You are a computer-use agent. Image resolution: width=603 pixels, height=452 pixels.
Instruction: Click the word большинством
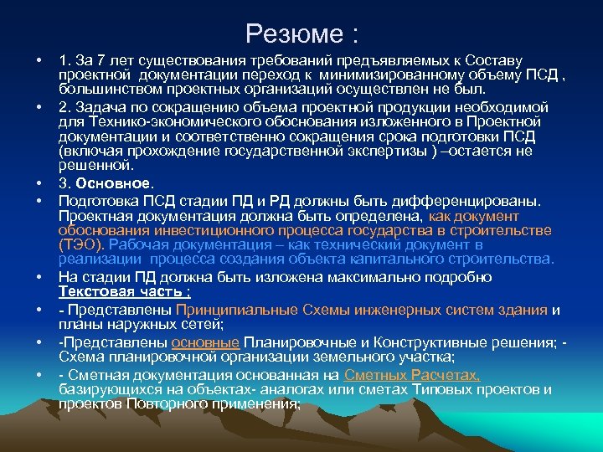click(x=104, y=88)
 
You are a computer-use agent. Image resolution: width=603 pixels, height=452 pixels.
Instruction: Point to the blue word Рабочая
click(x=137, y=244)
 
